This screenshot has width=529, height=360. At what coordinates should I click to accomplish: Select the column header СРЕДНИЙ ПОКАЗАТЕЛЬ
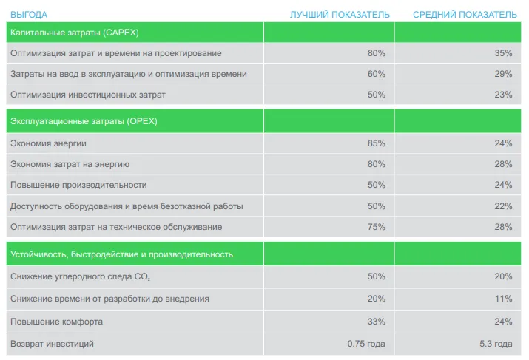coord(465,15)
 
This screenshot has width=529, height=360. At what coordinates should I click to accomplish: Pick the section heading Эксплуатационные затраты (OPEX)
coord(84,121)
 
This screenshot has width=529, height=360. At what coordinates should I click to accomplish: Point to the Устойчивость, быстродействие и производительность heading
coord(122,254)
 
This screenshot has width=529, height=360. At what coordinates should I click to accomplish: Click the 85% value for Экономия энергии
coord(376,143)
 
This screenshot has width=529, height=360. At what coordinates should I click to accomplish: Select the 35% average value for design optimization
coord(503,53)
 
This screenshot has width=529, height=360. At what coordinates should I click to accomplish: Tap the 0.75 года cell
coord(366,344)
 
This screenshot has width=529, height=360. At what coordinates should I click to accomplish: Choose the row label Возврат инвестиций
coord(52,344)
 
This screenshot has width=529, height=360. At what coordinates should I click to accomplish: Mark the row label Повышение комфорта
coord(56,322)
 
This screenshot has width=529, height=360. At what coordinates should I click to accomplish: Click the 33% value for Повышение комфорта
coord(376,322)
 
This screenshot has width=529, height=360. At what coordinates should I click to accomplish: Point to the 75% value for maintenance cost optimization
coord(376,227)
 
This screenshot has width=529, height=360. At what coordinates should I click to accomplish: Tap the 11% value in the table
coord(503,299)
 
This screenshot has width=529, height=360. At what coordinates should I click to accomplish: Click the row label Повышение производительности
coord(78,185)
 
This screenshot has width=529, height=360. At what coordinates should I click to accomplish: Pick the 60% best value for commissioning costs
coord(376,74)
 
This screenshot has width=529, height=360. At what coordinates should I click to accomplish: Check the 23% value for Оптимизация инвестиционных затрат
coord(503,95)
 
